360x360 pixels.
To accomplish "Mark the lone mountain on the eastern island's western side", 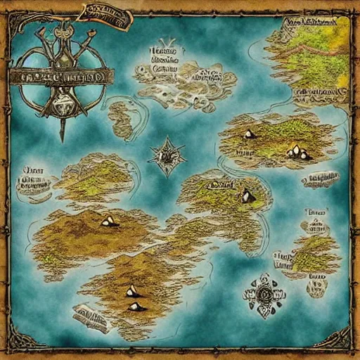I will [x=249, y=134].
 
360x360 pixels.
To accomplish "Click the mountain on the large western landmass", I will [x=108, y=221].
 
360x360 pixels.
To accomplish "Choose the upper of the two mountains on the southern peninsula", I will [x=131, y=290].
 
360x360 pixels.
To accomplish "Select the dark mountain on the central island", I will [x=247, y=196].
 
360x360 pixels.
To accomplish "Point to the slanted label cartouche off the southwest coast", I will [x=91, y=318].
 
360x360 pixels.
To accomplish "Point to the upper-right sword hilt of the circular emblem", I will [x=84, y=28].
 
